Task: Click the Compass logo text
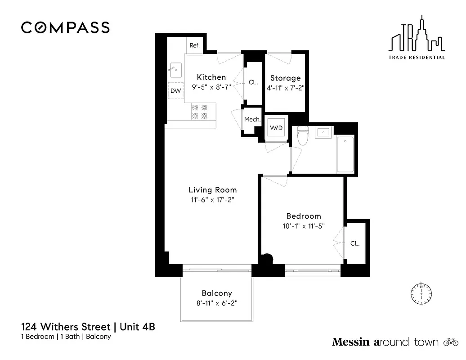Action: pos(65,27)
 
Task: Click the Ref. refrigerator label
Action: pos(194,45)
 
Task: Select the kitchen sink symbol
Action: pos(175,69)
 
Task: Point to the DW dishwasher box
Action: pos(176,91)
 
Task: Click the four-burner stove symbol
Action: pos(200,112)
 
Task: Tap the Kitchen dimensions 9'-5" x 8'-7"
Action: pos(211,87)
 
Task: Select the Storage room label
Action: pos(285,78)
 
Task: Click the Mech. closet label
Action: pos(252,119)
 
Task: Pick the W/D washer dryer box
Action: pos(276,128)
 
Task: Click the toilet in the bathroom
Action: pos(303,136)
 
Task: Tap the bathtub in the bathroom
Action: pos(345,154)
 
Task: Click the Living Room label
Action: pos(212,190)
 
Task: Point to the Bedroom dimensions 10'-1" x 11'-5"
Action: pos(303,226)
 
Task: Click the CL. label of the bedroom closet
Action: pos(355,243)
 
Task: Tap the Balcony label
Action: pos(217,293)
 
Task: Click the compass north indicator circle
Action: pos(421,293)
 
